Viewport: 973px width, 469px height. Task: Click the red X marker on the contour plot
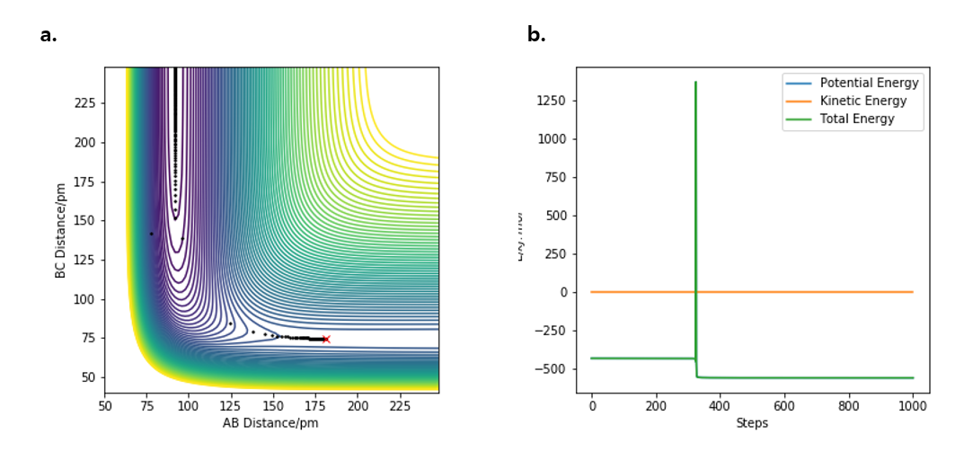coord(326,340)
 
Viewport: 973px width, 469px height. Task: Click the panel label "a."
coord(49,36)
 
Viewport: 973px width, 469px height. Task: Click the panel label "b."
coord(536,36)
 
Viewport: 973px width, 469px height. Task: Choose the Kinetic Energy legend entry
coord(863,101)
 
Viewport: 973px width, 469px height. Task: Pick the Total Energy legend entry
coord(857,119)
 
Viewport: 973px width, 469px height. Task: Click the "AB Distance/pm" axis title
coord(270,422)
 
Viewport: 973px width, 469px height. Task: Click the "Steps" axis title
coord(751,422)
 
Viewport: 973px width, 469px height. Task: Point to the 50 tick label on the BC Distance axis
coord(87,377)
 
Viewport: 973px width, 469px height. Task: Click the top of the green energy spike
coord(695,82)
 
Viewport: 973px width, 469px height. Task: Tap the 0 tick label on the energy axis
coord(562,293)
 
